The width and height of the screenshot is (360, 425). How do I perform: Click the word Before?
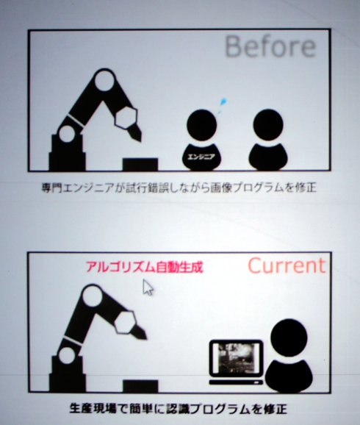[x=270, y=46]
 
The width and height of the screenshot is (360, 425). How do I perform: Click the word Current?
[x=287, y=265]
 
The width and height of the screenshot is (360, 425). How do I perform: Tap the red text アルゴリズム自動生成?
[x=145, y=267]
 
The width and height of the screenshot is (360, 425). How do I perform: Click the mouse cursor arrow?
[x=148, y=287]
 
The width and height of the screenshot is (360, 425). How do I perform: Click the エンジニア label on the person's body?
[x=201, y=157]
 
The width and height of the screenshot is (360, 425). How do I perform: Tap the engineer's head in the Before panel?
[x=202, y=125]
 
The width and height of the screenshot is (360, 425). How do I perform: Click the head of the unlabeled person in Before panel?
[x=268, y=125]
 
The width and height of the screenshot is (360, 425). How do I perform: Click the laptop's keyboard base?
[x=236, y=382]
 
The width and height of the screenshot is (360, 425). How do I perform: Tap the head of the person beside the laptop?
[x=289, y=337]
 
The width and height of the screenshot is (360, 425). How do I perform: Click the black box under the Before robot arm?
[x=140, y=164]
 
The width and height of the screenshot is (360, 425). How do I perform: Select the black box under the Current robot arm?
[x=140, y=386]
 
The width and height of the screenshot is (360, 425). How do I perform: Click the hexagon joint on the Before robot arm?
[x=125, y=117]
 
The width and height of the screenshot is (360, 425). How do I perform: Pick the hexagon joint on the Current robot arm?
[x=124, y=322]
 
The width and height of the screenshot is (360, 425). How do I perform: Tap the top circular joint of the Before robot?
[x=104, y=80]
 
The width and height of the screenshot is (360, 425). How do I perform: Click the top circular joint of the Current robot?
[x=92, y=296]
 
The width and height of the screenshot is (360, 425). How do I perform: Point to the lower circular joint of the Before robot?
[x=67, y=134]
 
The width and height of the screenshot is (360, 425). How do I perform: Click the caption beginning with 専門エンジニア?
[x=179, y=187]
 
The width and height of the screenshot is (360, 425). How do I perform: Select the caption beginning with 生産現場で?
[x=179, y=409]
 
